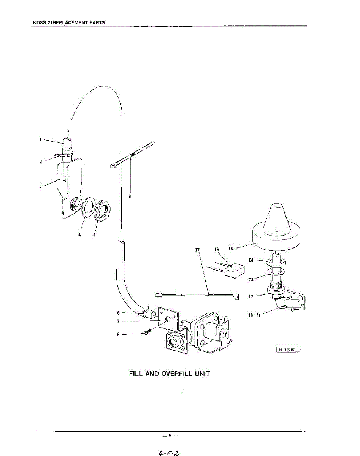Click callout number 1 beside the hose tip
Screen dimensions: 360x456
[41, 139]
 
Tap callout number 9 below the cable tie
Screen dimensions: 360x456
[130, 196]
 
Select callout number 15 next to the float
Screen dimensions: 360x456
[231, 249]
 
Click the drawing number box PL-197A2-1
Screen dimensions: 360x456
[287, 350]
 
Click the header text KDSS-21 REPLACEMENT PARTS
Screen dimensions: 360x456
[69, 23]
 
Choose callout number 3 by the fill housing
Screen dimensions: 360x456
[41, 187]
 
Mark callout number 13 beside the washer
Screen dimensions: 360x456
[251, 279]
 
